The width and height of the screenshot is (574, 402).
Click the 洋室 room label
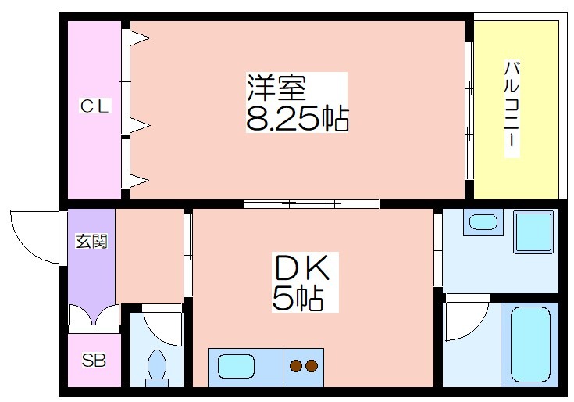[276, 88]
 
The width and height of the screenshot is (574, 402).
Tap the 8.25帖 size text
[297, 119]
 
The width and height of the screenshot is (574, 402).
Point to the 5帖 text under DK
[298, 298]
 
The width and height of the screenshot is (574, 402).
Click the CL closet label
[94, 106]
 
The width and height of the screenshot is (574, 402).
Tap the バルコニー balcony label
[512, 109]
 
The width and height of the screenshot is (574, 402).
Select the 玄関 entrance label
[91, 241]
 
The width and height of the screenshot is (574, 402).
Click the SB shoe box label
[94, 361]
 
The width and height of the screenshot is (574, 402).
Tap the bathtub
[530, 344]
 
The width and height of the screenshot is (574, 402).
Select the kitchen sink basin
[236, 367]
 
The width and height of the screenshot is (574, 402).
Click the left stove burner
[296, 366]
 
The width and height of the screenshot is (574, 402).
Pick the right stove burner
[312, 366]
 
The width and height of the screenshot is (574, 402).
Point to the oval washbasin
[483, 222]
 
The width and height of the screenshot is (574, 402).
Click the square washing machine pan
[533, 232]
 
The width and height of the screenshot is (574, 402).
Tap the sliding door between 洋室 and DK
[311, 204]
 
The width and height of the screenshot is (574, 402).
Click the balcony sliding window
[469, 111]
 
